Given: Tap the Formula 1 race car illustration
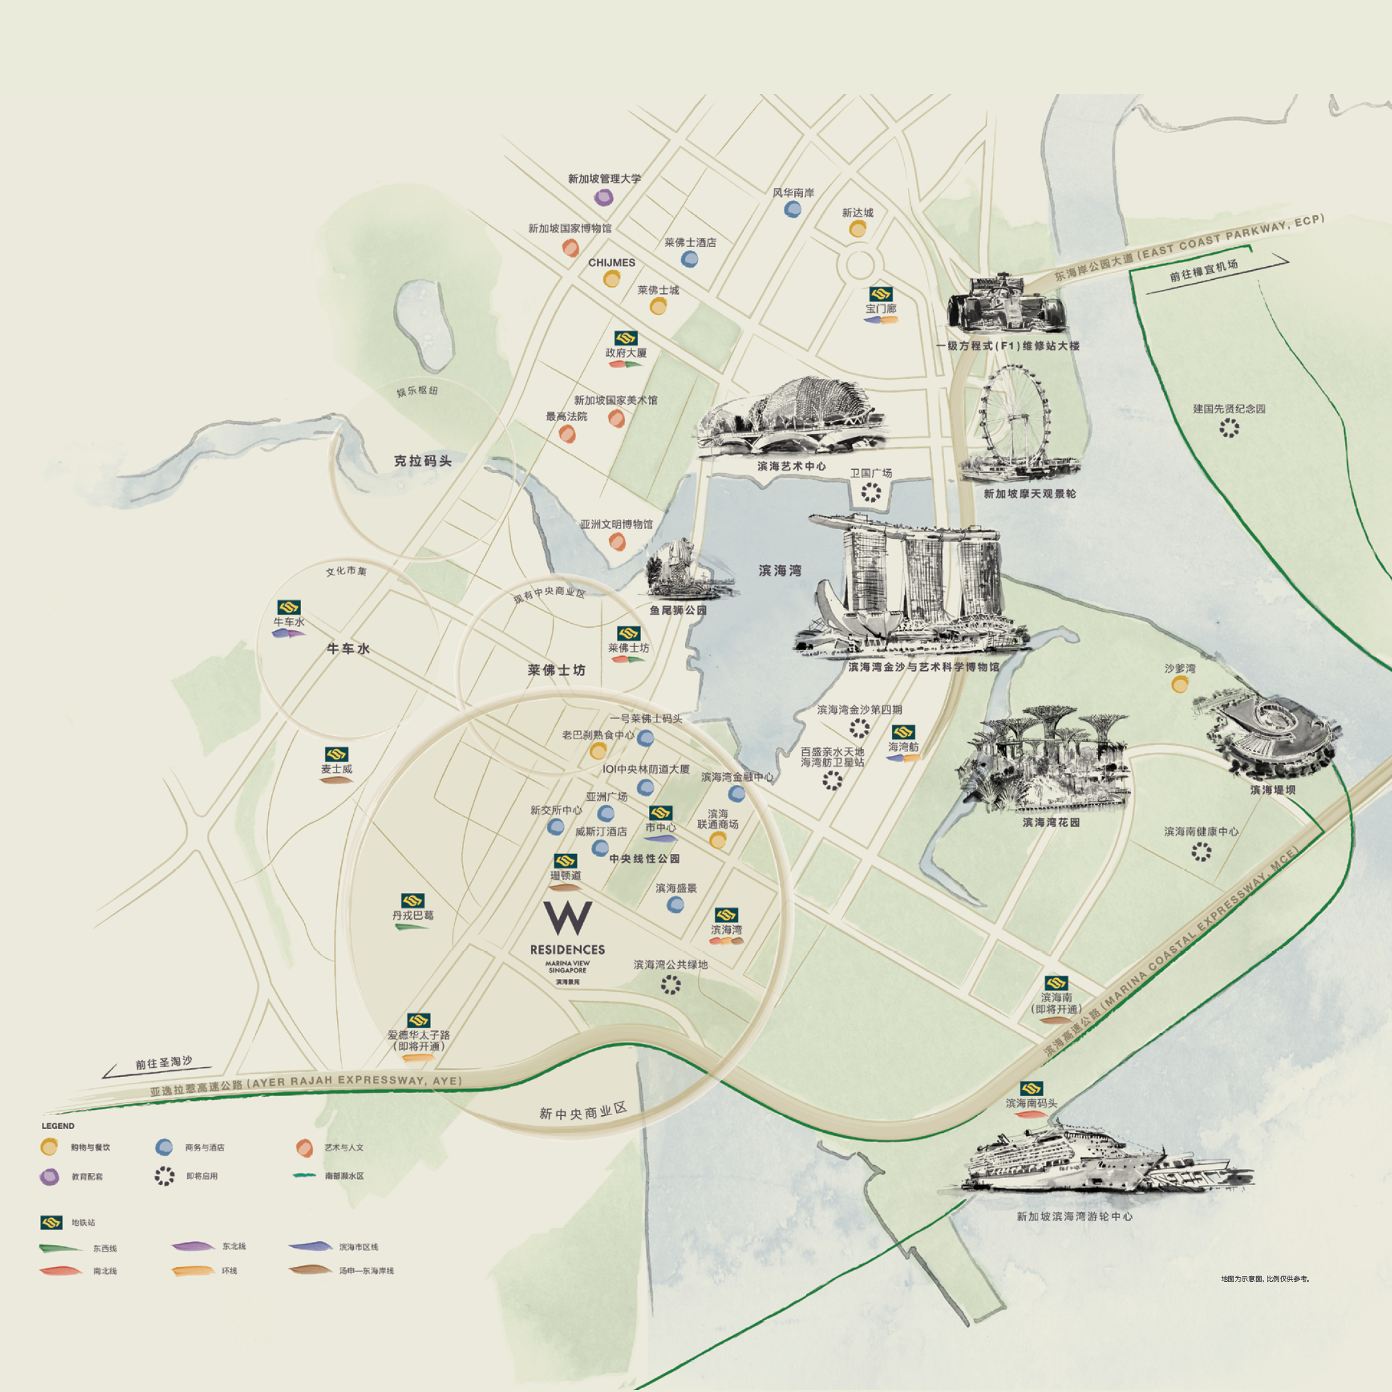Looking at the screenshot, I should pos(1006,304).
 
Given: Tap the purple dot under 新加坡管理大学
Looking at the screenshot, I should pos(604,197).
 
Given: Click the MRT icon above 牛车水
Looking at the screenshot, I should pos(288,606).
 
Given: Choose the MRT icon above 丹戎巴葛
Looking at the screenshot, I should pos(413,901).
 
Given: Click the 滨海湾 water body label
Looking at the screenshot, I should pos(780,570).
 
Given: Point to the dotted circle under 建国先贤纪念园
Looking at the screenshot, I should pos(1229,428).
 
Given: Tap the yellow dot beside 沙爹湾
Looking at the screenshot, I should pos(1179,684).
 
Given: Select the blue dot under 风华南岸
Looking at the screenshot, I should pos(793,209).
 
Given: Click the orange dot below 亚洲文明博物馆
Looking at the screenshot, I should pos(617,542).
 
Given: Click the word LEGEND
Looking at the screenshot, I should pos(57,1125).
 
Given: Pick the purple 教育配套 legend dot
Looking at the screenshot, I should pos(49,1177).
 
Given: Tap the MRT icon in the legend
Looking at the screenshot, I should pos(51,1222).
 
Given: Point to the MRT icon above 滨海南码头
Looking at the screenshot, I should pos(1031,1088).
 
